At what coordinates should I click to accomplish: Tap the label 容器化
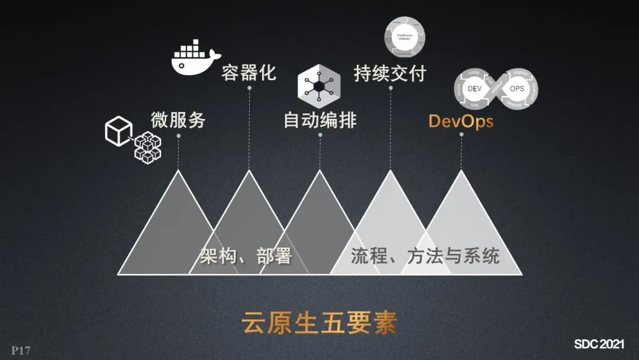point(249,73)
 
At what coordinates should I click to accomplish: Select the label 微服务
point(178,120)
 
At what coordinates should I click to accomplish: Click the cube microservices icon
point(133,139)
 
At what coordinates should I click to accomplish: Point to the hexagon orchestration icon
point(319,83)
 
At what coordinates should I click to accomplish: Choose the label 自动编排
point(320,120)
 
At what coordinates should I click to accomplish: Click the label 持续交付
point(390,73)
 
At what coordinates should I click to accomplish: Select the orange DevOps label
point(461,121)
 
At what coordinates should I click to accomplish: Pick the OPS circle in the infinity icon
point(517,88)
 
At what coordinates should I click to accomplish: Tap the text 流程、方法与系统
point(425,256)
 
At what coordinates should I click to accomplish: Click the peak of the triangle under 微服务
point(178,171)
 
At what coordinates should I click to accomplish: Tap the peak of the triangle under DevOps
point(461,171)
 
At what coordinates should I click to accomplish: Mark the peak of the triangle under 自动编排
point(320,171)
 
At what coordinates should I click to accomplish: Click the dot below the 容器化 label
point(249,88)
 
